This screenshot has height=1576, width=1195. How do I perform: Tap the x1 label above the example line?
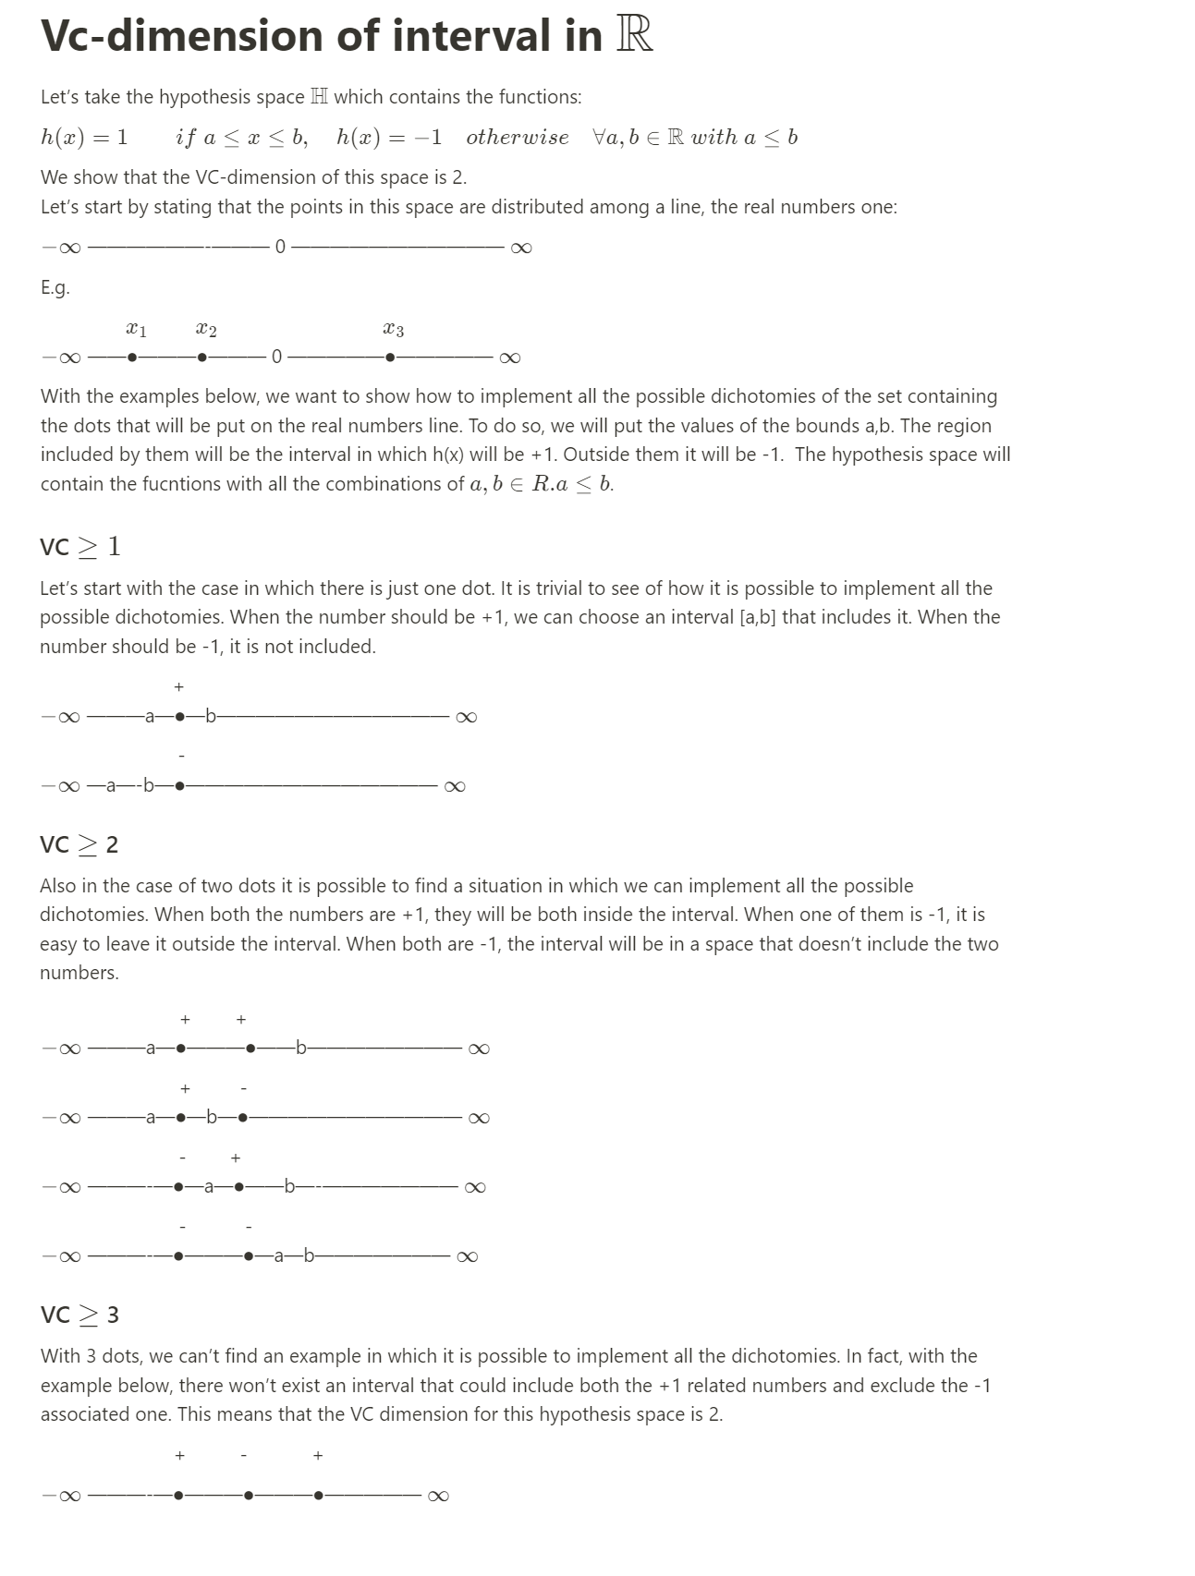click(136, 329)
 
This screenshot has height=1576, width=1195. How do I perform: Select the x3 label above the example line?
click(393, 329)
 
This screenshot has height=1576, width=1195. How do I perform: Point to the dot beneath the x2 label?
click(202, 358)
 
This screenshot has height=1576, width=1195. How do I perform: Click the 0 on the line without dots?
click(280, 247)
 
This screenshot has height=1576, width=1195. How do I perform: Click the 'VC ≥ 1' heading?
click(80, 546)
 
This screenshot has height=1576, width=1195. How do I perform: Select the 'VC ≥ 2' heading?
click(79, 844)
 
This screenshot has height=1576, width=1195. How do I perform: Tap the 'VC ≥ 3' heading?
click(79, 1315)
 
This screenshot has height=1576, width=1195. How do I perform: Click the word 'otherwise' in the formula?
click(518, 138)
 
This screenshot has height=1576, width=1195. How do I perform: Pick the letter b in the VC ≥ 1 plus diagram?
click(211, 716)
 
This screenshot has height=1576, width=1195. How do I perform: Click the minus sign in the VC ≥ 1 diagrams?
click(181, 757)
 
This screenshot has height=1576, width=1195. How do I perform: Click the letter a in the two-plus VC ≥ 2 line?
click(151, 1049)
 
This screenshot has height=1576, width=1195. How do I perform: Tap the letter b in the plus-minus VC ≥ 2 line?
click(212, 1118)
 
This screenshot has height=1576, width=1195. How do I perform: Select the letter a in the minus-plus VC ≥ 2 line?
click(209, 1187)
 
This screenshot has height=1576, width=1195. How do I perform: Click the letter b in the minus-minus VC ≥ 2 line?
click(309, 1256)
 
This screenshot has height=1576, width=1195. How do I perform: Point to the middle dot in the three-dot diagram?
click(249, 1495)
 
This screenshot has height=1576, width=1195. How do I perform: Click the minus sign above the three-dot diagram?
click(244, 1456)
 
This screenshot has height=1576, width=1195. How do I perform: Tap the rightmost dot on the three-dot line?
click(319, 1495)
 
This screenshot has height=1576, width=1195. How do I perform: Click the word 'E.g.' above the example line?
click(55, 287)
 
